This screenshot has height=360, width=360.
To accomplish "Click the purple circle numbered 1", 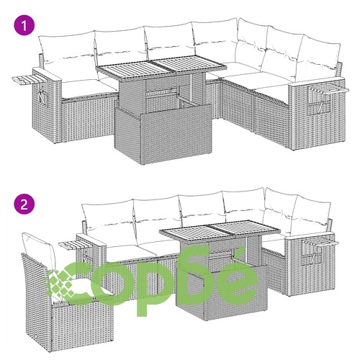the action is (24, 25).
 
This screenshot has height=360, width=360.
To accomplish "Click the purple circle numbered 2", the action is (24, 204).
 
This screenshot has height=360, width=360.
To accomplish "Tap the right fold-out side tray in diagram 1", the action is (329, 90).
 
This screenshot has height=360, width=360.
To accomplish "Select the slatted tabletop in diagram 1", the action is (161, 66).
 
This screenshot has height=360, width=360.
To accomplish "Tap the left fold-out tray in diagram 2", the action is (73, 245).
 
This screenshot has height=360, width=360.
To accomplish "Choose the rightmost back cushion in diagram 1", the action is (319, 59).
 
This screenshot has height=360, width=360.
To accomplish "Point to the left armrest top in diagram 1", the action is (48, 73).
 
